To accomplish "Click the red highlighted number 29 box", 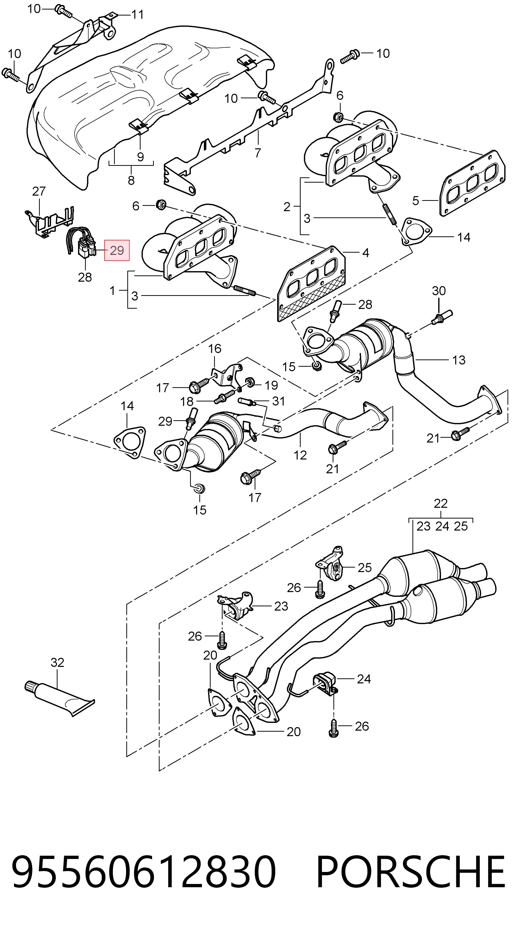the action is click(x=117, y=250).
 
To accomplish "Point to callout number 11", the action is click(x=138, y=15).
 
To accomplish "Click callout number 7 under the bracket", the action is click(x=258, y=153).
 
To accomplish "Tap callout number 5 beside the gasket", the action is click(x=415, y=200).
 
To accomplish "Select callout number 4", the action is click(x=366, y=253).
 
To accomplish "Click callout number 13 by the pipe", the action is click(x=459, y=360).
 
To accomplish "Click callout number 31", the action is click(x=279, y=401).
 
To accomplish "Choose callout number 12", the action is click(x=300, y=455).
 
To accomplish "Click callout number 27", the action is click(x=39, y=191).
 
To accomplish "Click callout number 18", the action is click(x=187, y=401).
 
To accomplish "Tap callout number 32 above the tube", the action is click(x=58, y=662).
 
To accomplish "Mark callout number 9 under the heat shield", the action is click(x=140, y=157).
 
